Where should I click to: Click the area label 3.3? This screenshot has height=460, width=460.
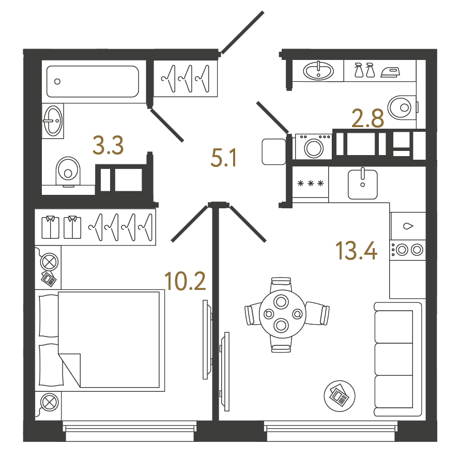pyautogui.click(x=108, y=146)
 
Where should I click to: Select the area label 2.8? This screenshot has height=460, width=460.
pyautogui.click(x=367, y=118)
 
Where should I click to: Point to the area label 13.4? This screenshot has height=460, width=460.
pyautogui.click(x=356, y=251)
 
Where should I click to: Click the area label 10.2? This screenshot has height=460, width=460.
pyautogui.click(x=185, y=281)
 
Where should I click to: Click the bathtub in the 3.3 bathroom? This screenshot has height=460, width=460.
pyautogui.click(x=93, y=81)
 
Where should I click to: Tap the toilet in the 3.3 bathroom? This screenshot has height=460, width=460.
pyautogui.click(x=68, y=172)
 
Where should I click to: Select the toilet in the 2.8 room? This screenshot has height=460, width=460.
pyautogui.click(x=403, y=108)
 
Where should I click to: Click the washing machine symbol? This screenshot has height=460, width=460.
pyautogui.click(x=314, y=146)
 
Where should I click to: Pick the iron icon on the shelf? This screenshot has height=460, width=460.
pyautogui.click(x=390, y=72)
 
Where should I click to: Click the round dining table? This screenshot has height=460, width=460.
pyautogui.click(x=282, y=315)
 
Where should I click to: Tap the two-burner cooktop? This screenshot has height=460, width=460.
pyautogui.click(x=407, y=250)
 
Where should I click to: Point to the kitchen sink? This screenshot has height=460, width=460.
pyautogui.click(x=363, y=184)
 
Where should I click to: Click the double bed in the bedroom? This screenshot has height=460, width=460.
pyautogui.click(x=100, y=340)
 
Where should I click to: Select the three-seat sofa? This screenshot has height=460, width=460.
pyautogui.click(x=398, y=359)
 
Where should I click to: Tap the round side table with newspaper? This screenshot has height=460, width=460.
pyautogui.click(x=340, y=396)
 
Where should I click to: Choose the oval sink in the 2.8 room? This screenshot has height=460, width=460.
pyautogui.click(x=318, y=71)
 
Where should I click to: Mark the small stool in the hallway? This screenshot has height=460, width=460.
pyautogui.click(x=274, y=151)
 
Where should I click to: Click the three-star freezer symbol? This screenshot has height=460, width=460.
pyautogui.click(x=311, y=183)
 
